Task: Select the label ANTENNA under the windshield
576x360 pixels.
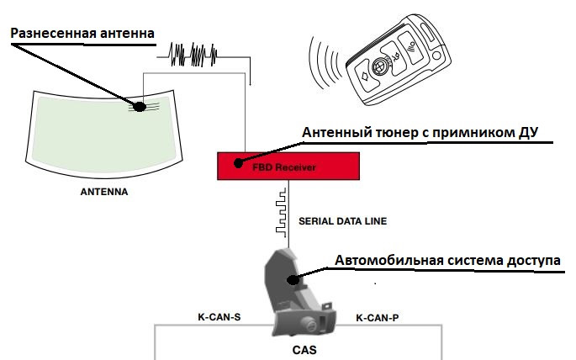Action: tap(103, 191)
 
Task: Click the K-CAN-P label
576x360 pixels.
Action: tap(378, 318)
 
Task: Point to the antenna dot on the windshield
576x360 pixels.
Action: tap(140, 106)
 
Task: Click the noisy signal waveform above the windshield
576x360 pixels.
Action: tap(197, 55)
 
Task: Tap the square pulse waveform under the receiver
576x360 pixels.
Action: tap(281, 209)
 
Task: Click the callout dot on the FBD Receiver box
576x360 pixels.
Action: tap(239, 162)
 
